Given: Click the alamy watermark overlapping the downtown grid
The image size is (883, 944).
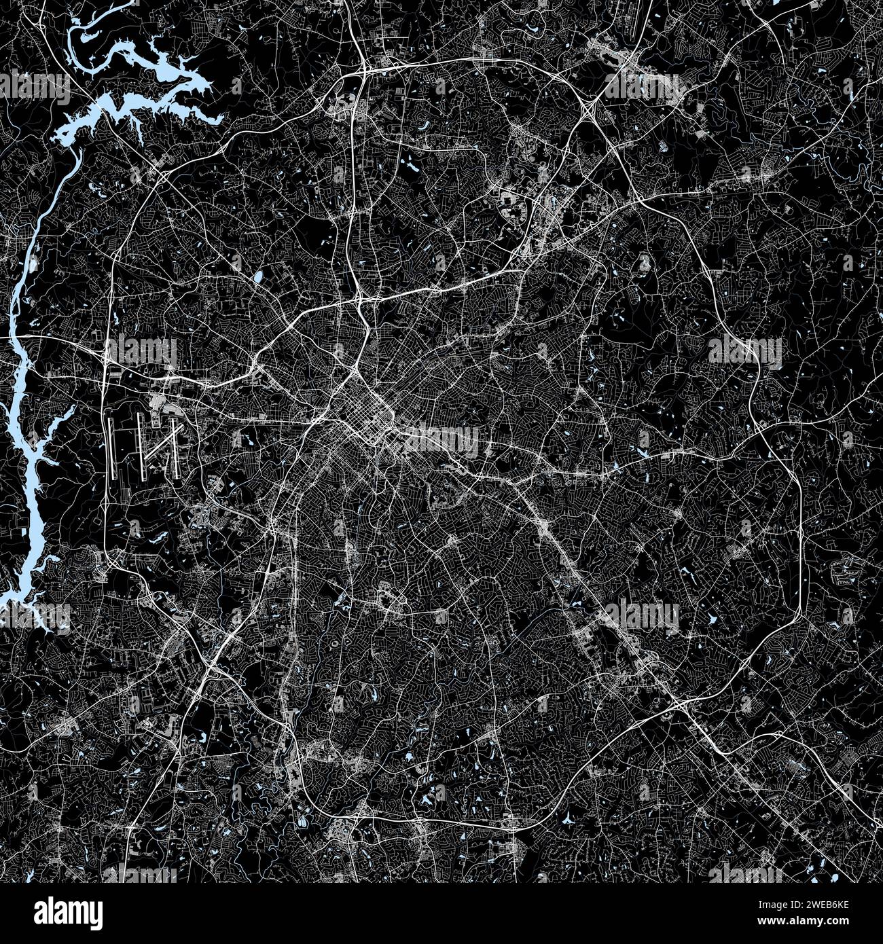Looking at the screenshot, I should [441, 438].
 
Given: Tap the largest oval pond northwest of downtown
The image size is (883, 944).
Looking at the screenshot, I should [258, 278].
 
